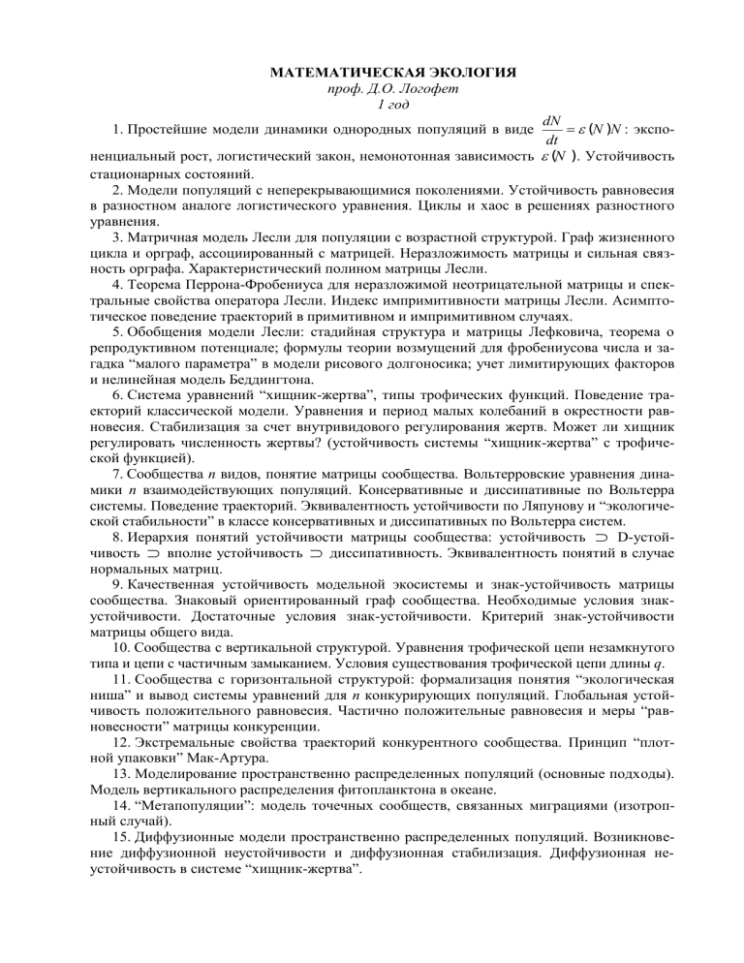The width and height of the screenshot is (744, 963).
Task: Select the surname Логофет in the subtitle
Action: pos(399,90)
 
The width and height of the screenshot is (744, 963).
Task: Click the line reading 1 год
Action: pos(372,107)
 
